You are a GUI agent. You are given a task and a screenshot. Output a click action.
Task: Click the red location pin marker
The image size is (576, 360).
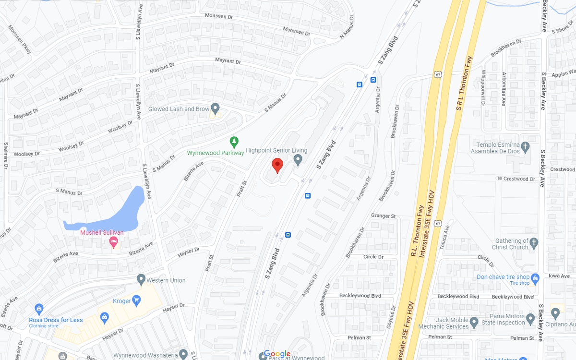click(x=277, y=165)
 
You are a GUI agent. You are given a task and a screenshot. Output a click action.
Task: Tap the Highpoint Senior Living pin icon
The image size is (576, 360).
click(x=298, y=159)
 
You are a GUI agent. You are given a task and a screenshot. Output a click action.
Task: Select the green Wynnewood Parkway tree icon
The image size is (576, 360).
click(x=234, y=142)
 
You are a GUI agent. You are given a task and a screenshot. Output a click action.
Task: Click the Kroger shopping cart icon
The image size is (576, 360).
click(x=136, y=300)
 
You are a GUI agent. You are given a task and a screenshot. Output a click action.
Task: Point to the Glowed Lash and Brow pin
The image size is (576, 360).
click(x=216, y=108)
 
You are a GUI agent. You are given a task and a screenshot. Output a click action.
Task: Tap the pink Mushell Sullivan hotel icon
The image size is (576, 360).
click(x=114, y=242)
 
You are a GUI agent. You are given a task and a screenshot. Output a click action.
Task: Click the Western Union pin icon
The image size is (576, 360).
click(x=141, y=279)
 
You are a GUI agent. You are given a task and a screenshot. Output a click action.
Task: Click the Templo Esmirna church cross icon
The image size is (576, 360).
click(x=525, y=147)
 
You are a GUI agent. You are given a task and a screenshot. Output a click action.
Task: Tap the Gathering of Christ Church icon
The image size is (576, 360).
click(x=535, y=242)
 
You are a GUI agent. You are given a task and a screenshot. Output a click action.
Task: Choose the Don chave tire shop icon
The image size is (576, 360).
click(x=535, y=278)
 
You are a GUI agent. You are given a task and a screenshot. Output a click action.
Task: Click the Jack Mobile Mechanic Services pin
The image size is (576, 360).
click(x=474, y=322)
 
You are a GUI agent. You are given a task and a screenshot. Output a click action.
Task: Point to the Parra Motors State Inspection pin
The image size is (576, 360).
click(x=530, y=319)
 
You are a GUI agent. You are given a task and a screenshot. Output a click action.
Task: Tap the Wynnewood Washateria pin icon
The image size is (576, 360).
click(x=183, y=354)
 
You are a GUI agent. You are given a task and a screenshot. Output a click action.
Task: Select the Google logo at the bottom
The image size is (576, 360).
click(x=277, y=354)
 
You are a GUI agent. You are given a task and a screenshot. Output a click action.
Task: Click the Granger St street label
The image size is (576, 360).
click(x=383, y=216)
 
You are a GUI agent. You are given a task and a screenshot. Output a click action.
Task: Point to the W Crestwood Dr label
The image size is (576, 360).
click(x=516, y=179)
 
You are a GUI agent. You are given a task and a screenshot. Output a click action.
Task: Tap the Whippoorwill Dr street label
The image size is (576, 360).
click(x=483, y=88)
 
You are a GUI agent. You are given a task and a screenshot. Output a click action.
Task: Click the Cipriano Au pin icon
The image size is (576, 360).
click(x=555, y=313)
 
